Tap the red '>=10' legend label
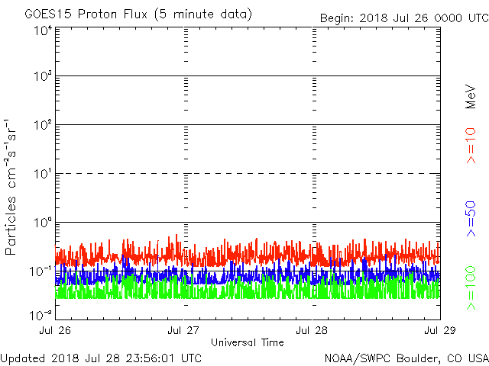[471, 146]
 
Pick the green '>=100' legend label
[471, 288]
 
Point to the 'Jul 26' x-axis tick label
[56, 331]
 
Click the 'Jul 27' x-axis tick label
[184, 331]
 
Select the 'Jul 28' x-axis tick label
[313, 331]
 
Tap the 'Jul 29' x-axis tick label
[440, 331]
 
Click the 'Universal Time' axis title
[247, 342]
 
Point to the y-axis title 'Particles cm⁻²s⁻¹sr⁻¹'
[12, 187]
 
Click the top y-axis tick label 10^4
[41, 30]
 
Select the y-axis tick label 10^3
[41, 77]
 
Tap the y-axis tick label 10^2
[41, 126]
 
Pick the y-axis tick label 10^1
[41, 175]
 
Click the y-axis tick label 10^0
[41, 223]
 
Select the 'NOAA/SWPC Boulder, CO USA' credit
[406, 358]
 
